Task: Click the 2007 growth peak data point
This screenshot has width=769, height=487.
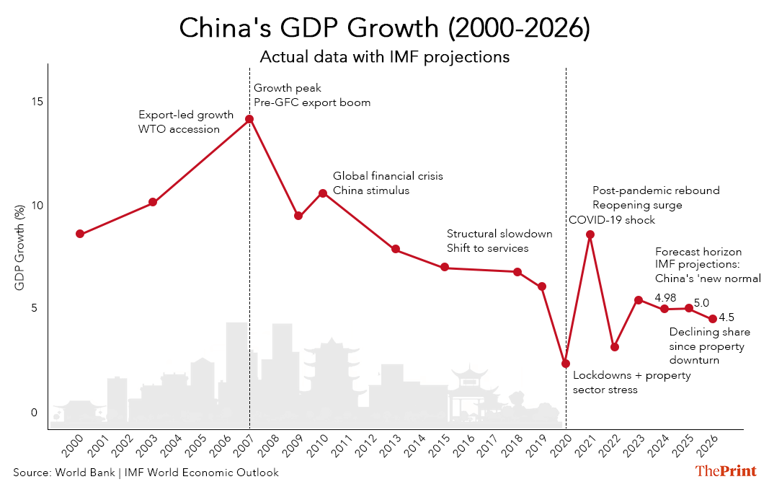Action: pos(249,119)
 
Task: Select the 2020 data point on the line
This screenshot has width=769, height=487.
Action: pos(566,364)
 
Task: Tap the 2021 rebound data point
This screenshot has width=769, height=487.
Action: pos(590,234)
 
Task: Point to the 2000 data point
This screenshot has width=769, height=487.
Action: pos(80,234)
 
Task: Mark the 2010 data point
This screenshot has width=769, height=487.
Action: pos(323,193)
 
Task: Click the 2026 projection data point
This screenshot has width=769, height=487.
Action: pos(713,319)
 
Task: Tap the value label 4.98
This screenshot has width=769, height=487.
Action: pos(667,297)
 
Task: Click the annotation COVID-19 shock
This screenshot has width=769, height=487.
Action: pos(612,220)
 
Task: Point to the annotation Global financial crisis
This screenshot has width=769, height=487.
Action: pos(388,176)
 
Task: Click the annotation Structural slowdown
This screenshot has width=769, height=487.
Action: pos(499,234)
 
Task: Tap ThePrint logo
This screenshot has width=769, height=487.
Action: pos(726,471)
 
